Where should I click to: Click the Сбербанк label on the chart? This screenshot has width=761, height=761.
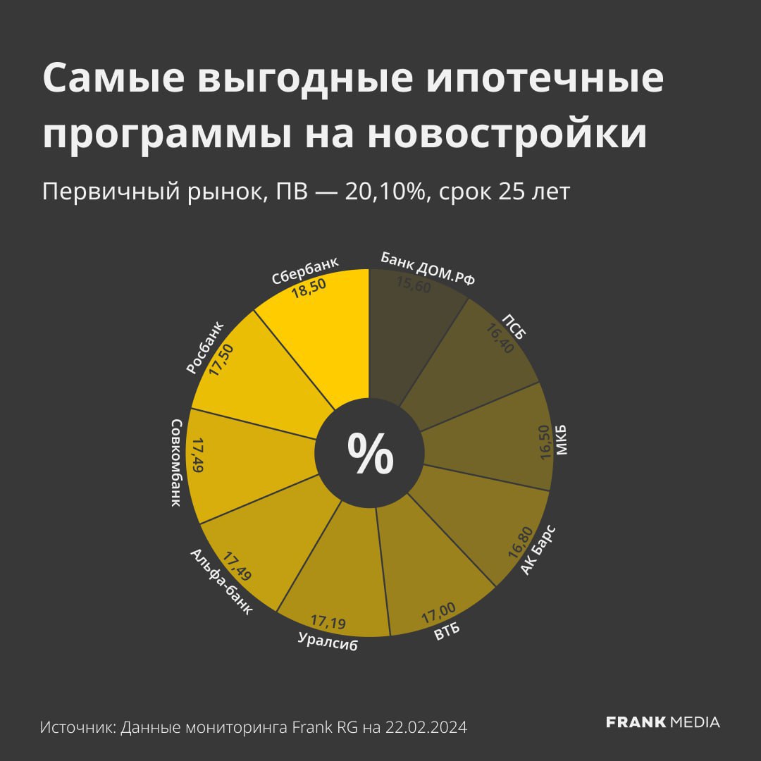click(x=305, y=271)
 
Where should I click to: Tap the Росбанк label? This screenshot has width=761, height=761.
click(x=205, y=347)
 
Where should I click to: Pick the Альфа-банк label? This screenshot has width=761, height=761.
click(x=221, y=582)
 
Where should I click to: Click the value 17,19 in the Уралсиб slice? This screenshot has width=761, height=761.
click(x=328, y=622)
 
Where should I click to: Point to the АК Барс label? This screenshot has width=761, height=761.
click(x=538, y=550)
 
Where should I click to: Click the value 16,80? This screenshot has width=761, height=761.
click(x=520, y=541)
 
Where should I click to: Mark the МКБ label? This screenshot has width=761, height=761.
click(x=562, y=441)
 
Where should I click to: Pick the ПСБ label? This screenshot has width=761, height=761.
click(x=514, y=325)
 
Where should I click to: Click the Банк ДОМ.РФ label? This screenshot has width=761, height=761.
click(x=428, y=268)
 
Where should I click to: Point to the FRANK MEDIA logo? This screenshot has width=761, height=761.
click(x=663, y=722)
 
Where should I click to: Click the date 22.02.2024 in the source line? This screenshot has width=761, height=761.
click(x=426, y=726)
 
